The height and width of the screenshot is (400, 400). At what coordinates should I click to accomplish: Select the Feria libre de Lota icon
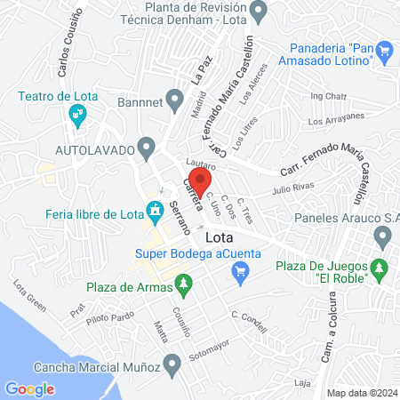(x=156, y=212)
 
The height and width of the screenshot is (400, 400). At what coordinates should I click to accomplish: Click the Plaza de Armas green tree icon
(x=184, y=286)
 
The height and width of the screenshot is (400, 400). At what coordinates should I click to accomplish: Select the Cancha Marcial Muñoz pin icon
(x=172, y=364)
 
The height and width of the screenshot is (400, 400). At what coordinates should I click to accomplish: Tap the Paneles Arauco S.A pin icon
(x=383, y=236)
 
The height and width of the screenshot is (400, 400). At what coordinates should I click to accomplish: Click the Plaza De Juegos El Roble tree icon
(x=380, y=267)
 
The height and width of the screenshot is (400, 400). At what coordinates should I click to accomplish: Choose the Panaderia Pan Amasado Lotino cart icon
(x=384, y=52)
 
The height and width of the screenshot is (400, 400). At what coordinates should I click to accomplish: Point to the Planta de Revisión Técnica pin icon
(x=260, y=12)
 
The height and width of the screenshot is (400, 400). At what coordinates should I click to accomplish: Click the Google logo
(x=29, y=388)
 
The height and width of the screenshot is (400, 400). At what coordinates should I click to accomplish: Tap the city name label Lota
(x=220, y=238)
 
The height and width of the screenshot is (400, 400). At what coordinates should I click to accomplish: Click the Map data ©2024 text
(x=361, y=393)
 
